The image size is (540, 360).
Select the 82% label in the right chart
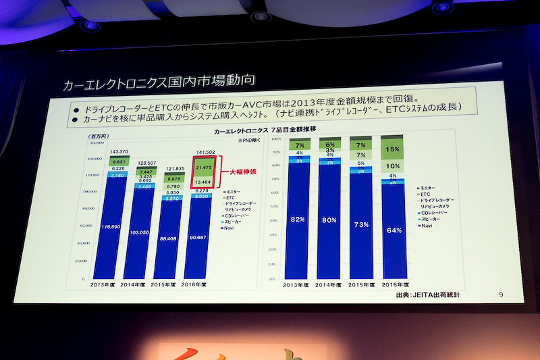[298, 220]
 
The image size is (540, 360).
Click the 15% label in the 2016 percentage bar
[392, 149]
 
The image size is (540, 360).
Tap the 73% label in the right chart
[360, 224]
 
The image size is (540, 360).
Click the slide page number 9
[500, 294]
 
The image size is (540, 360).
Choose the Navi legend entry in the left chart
[229, 229]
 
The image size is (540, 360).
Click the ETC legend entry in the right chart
[425, 193]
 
